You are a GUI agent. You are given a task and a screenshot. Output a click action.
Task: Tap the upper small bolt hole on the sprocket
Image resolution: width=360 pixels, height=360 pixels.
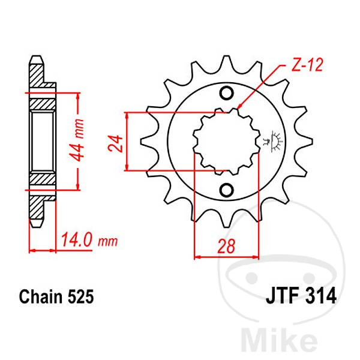click(227, 93)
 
